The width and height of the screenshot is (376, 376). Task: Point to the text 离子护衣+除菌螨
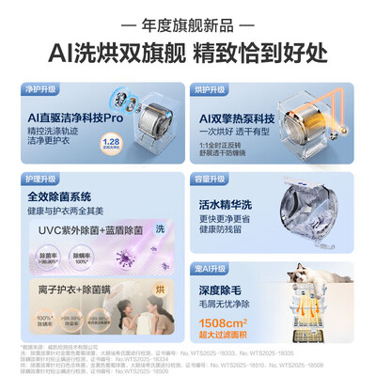point(70,290)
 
